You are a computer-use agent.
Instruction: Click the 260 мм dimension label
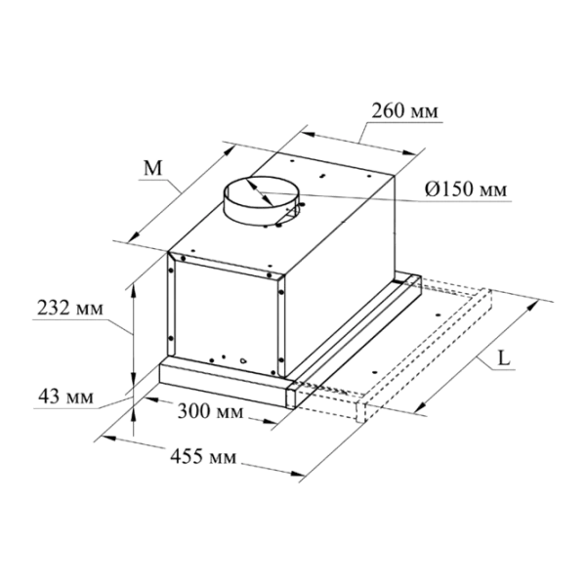(404, 111)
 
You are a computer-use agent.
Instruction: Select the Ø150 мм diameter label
(466, 189)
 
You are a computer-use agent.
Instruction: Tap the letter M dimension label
(153, 168)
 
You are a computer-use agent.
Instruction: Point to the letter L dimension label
(504, 359)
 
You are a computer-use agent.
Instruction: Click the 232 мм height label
(70, 309)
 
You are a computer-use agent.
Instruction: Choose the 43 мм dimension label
(65, 397)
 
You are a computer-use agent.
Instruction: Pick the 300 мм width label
(210, 411)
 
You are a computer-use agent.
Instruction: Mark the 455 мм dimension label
(203, 456)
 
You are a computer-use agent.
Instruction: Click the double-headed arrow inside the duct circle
(259, 192)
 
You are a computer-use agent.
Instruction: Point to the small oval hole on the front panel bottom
(243, 360)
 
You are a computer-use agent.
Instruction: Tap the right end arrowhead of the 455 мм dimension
(296, 474)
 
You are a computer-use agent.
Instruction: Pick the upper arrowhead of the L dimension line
(531, 307)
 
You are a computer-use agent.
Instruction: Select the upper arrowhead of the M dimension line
(230, 150)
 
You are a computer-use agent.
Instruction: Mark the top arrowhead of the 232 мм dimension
(134, 291)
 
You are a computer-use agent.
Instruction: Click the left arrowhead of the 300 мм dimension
(151, 399)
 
